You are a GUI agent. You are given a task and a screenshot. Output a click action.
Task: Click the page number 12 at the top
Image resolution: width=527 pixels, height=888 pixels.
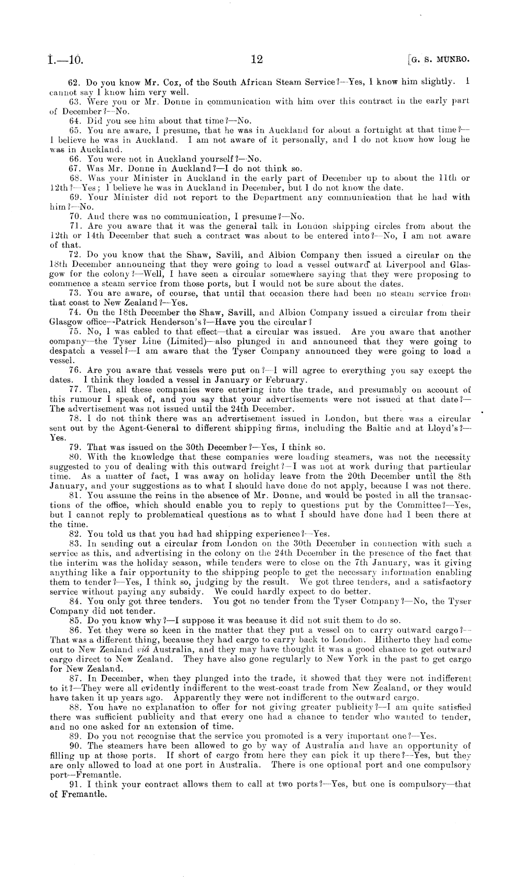257,59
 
